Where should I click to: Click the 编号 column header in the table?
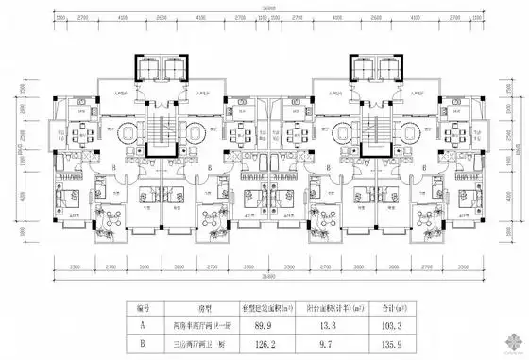click(x=144, y=307)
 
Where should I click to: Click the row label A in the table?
click(x=144, y=323)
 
